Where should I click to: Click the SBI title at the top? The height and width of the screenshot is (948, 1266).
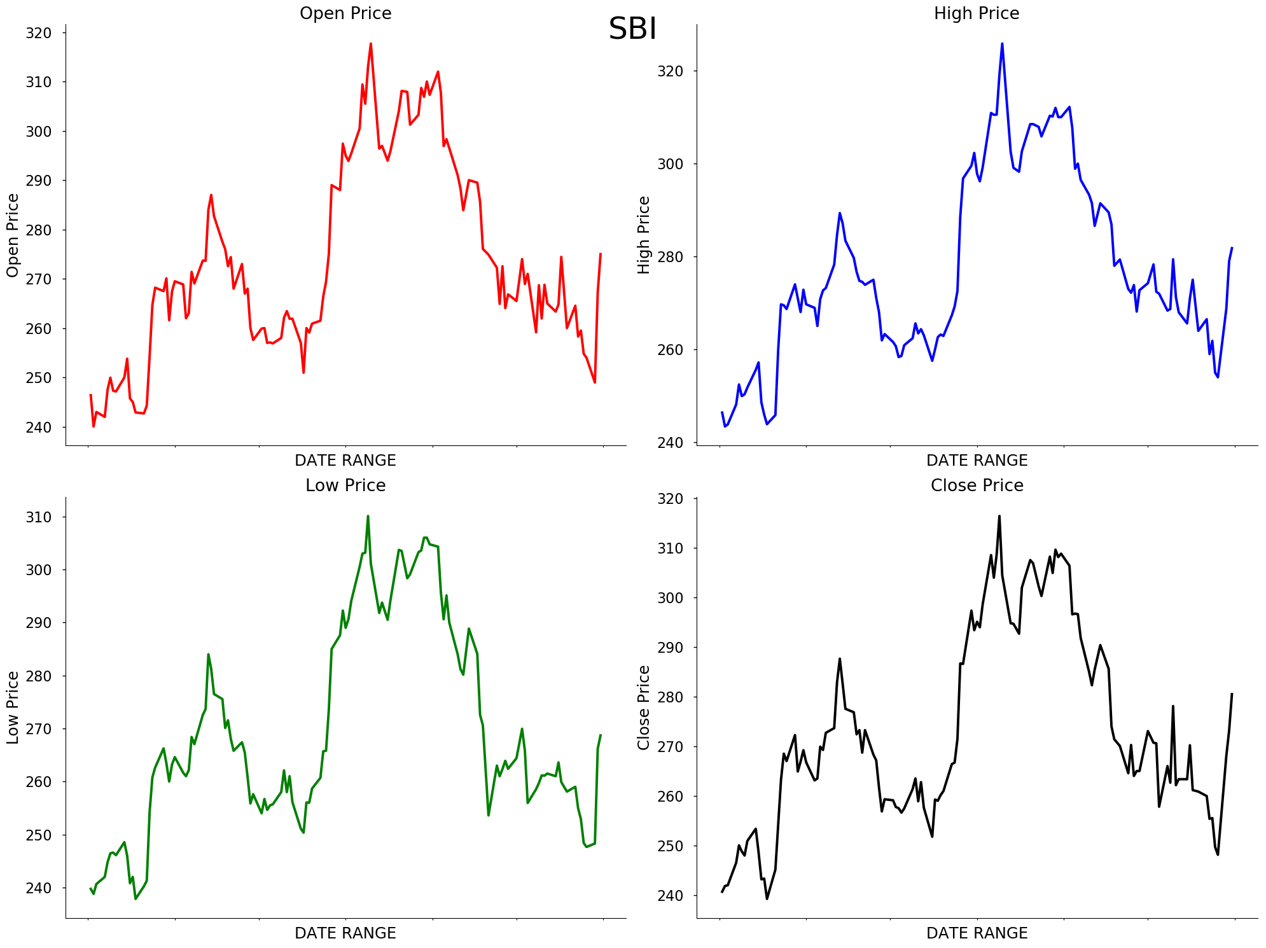[632, 29]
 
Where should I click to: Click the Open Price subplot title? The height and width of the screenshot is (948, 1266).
[345, 13]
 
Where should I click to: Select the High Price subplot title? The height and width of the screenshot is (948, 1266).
[977, 13]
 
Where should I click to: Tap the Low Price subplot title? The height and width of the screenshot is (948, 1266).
[345, 485]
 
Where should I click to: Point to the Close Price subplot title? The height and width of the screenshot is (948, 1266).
[977, 485]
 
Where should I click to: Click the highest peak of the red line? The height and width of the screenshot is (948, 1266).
[371, 44]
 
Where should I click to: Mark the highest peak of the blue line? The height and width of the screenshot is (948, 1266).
[1002, 44]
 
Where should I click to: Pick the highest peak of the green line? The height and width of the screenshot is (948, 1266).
[368, 516]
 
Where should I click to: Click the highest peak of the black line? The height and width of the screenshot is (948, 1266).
[999, 516]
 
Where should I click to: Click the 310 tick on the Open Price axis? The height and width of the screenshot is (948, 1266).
[38, 82]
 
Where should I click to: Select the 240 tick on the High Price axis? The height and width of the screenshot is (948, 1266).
[670, 443]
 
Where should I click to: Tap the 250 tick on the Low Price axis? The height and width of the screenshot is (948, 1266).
[38, 835]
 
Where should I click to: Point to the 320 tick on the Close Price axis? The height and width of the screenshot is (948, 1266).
[670, 499]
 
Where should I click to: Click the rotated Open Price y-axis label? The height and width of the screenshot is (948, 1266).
[13, 235]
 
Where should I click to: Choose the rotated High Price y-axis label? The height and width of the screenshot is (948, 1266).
[644, 235]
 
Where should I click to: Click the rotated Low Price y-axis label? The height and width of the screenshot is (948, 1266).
[13, 708]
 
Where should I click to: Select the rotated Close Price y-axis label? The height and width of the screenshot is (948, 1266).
[644, 708]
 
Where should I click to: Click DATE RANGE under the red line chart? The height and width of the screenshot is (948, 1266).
[345, 461]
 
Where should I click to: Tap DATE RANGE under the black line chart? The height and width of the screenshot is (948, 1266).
[977, 933]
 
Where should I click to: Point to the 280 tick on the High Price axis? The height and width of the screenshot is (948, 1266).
[670, 257]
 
